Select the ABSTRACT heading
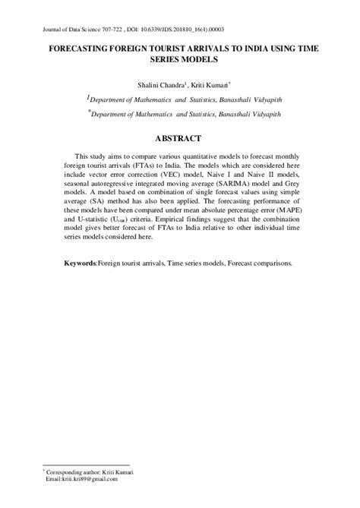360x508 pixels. pyautogui.click(x=179, y=138)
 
